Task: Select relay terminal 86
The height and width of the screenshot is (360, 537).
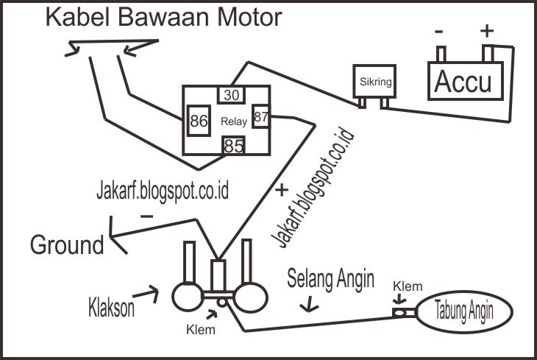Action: pos(198,121)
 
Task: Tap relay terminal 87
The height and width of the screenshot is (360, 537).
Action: pos(261,116)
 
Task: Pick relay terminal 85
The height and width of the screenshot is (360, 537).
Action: pos(233,147)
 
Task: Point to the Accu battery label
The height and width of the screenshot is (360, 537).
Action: pos(463,82)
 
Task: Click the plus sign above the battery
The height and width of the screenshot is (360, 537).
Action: pos(486,32)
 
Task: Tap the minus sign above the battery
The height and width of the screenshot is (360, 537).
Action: pos(439,32)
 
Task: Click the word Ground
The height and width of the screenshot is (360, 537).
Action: pos(67,244)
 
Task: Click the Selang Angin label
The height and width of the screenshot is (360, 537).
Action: pos(331,280)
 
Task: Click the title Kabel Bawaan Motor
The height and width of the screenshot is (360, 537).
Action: pos(164,17)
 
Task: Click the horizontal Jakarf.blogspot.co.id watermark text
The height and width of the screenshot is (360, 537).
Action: pos(163,192)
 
